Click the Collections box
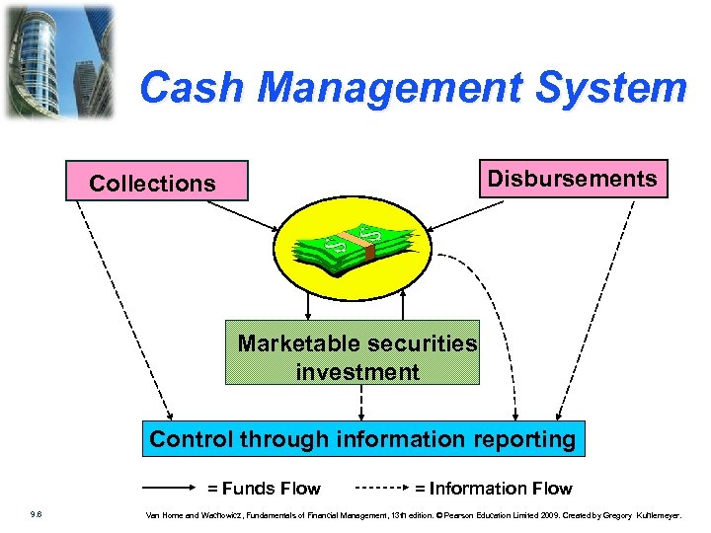152,183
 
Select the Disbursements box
573,179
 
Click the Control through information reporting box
363,439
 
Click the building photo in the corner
58,60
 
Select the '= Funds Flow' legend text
264,488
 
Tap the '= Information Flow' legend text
493,488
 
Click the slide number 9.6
36,514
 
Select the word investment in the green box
357,372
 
